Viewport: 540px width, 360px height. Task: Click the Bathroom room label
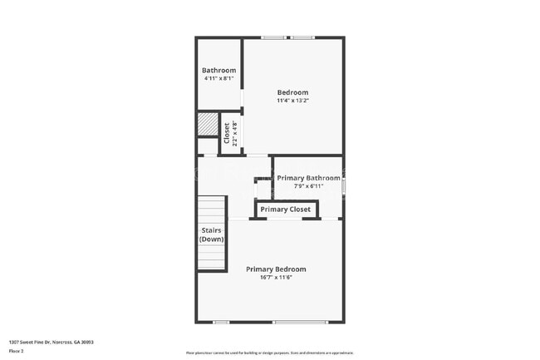(x=218, y=71)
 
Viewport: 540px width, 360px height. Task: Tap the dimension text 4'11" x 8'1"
(x=218, y=79)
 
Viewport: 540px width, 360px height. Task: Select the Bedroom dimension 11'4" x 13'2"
(x=292, y=101)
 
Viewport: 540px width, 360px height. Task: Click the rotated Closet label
(x=227, y=133)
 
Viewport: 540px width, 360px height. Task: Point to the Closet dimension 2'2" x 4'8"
(x=235, y=133)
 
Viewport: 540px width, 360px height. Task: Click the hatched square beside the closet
(x=207, y=125)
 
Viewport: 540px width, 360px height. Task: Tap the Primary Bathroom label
(x=308, y=178)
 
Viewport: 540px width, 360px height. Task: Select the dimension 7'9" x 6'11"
(x=308, y=186)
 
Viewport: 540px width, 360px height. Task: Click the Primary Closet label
(x=286, y=210)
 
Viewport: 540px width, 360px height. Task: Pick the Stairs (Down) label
(x=211, y=234)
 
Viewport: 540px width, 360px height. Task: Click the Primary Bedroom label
(x=276, y=269)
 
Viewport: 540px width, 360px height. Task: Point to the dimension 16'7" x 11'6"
(x=276, y=278)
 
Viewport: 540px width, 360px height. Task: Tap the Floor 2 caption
(x=16, y=352)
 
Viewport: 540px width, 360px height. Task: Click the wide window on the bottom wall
(x=300, y=322)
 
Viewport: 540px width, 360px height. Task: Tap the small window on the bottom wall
(x=221, y=322)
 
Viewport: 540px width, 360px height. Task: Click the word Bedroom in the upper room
(x=292, y=92)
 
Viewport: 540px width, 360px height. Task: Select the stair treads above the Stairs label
(x=211, y=208)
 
